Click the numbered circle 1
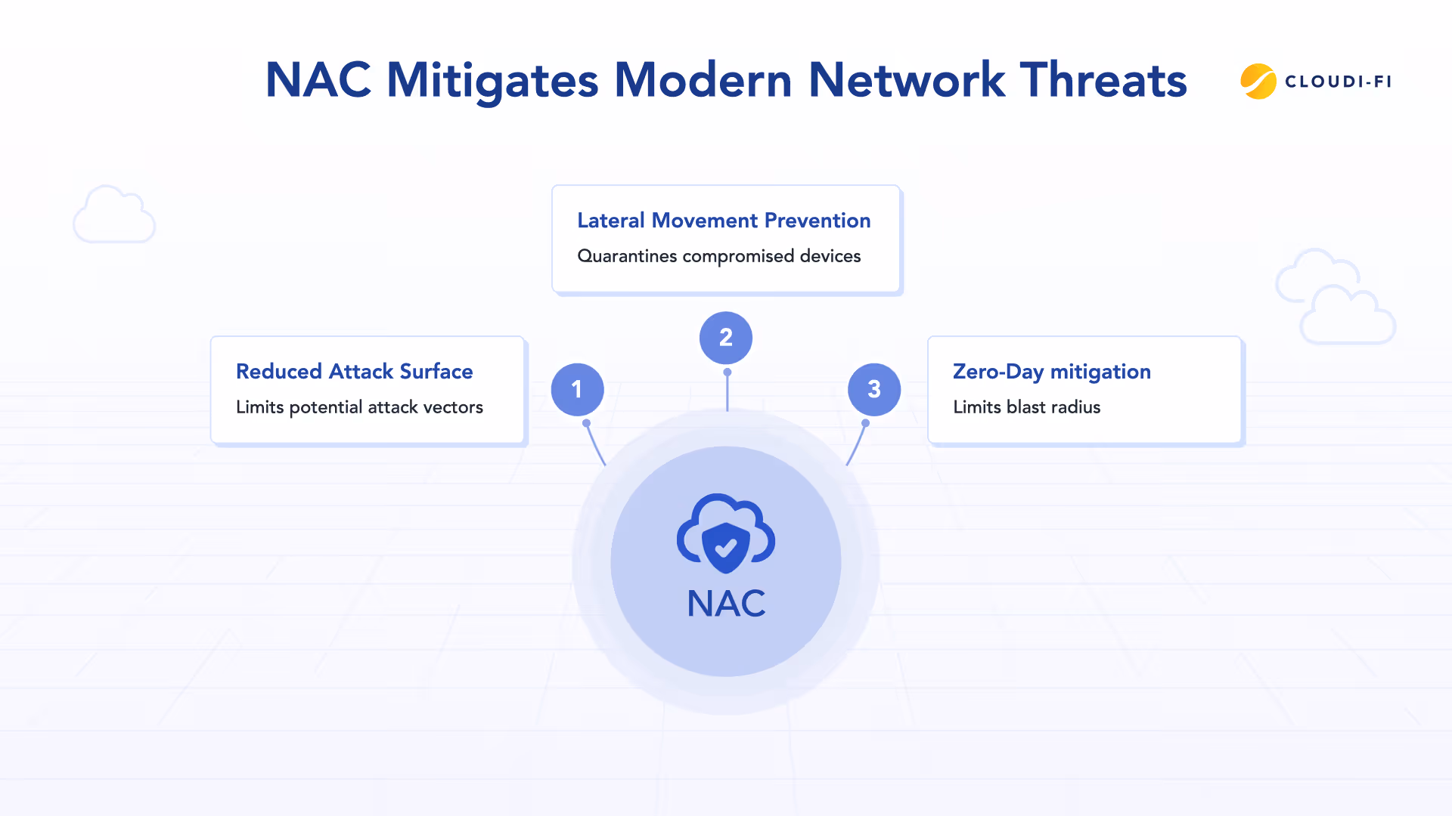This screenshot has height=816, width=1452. tap(577, 389)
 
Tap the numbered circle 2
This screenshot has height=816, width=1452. tap(725, 337)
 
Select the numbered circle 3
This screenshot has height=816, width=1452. tap(873, 389)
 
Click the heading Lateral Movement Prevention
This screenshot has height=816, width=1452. tap(724, 221)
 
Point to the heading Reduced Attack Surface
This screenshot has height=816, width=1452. tap(354, 372)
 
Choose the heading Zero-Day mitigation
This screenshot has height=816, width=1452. tap(1051, 372)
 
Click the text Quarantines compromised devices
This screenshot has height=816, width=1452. tap(718, 256)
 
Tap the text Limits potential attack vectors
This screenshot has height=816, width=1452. tap(359, 407)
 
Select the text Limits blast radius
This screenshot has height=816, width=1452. tap(1026, 407)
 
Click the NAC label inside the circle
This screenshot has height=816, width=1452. tap(726, 604)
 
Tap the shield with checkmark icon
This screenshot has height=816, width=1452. tap(725, 546)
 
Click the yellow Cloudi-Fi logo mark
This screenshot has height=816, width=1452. tap(1258, 82)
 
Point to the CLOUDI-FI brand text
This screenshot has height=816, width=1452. tap(1338, 82)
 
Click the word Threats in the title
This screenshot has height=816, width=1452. tap(1103, 80)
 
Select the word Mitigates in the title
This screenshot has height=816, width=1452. tap(492, 80)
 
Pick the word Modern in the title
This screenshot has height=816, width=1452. tap(703, 80)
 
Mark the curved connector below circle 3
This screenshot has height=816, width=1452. tap(857, 444)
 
